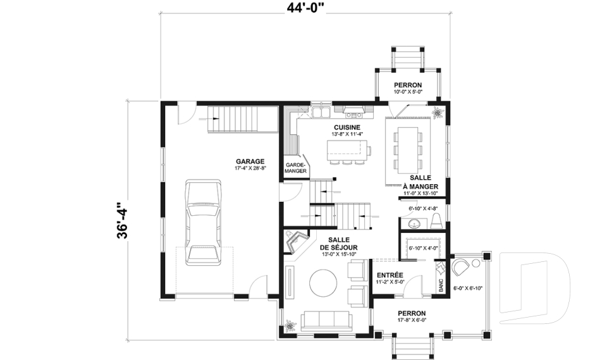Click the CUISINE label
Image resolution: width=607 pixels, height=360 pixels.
tap(347, 127)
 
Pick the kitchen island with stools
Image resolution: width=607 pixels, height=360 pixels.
tap(348, 151)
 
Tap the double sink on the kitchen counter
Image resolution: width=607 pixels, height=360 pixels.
tap(320, 113)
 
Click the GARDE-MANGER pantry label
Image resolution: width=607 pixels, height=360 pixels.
tap(296, 168)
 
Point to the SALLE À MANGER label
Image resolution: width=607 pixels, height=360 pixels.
tap(420, 182)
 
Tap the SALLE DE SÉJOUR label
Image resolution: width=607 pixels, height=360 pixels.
tap(338, 242)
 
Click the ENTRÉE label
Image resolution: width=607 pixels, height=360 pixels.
tap(389, 275)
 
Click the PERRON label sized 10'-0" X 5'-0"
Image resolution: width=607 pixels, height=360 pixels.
tap(408, 85)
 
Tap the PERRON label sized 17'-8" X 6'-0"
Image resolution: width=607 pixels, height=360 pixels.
tap(412, 313)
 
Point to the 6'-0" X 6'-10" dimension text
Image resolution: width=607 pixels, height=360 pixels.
tap(468, 289)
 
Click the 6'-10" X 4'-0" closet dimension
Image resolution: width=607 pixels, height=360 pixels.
tap(423, 247)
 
